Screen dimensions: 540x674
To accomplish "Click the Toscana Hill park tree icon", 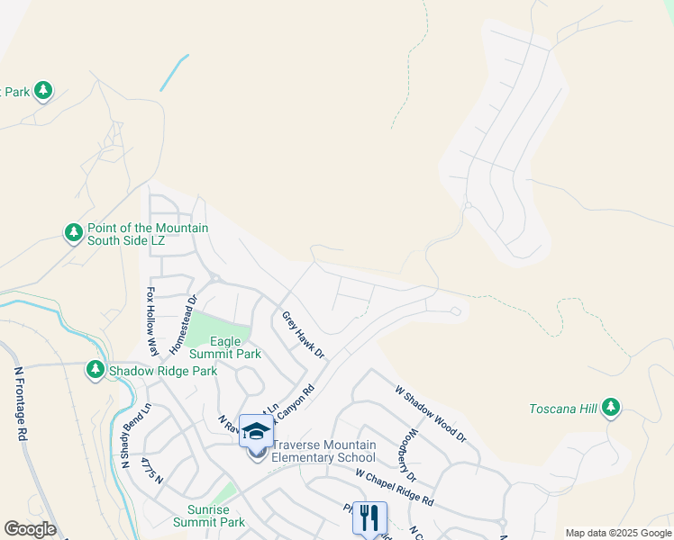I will coord(612,408).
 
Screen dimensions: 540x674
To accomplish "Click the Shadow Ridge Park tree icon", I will coord(96,370).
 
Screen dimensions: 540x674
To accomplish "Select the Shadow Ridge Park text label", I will coord(163,371).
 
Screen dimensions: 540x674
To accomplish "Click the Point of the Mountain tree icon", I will coord(73,234).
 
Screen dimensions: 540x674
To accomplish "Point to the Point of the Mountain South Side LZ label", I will coord(147,234).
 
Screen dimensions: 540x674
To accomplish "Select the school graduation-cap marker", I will coord(256,432).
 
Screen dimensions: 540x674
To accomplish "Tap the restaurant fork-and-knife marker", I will coord(369,517).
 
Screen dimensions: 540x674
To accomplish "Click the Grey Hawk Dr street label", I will coord(302,335).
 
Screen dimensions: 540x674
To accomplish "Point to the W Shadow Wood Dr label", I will coord(431,413).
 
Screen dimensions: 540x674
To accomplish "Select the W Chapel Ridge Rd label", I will coord(394,487).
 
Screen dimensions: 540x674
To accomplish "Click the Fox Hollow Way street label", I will coord(151,321).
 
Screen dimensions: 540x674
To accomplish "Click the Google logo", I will coord(30,529).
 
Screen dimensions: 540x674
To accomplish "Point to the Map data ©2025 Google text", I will coord(618,533).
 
